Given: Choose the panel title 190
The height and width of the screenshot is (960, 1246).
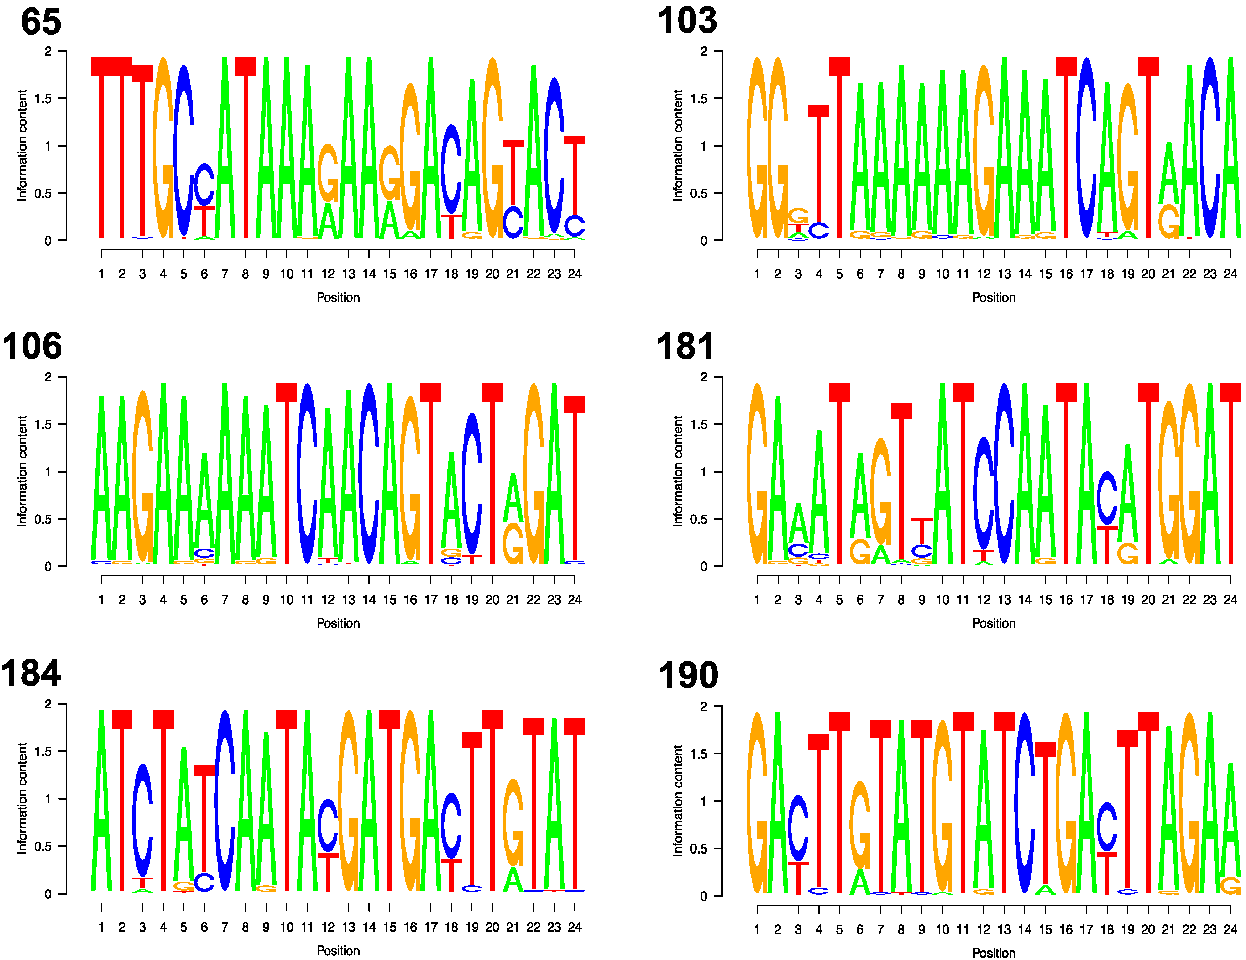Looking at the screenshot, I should coord(688,676).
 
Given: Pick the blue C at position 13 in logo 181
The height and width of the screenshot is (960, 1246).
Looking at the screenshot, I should coord(1004,473).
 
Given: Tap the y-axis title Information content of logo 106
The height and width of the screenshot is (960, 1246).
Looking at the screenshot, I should coord(22,471).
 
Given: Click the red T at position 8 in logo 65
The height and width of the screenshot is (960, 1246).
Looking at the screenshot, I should coord(245,148).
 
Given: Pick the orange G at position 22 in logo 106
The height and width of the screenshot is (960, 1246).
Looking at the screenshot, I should coord(533,473).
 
